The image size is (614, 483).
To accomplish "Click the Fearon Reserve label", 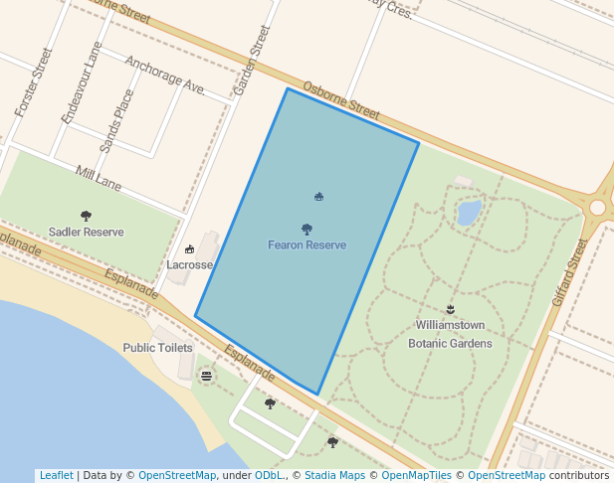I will pos(307,244).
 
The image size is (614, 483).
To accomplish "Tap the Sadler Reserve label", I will pos(87,233).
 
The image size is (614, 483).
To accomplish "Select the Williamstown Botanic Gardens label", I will pos(450,334).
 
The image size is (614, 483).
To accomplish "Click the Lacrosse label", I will pos(189,265).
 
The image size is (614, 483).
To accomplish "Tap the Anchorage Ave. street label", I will pos(164,76).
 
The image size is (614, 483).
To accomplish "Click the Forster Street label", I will pos(33,82).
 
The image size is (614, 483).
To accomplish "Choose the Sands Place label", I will pos(115,120).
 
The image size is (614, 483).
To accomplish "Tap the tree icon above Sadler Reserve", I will pos(86,216).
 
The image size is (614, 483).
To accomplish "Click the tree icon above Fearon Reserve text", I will pos(307,230).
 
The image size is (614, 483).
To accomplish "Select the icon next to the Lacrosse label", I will pos(189,249).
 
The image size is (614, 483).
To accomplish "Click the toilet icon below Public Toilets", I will pos(206,376).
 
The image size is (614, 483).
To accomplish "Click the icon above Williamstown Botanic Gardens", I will pos(450,309).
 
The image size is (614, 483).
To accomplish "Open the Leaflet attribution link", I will pos(56,475).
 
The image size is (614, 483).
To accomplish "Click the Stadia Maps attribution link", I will pos(334,475).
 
